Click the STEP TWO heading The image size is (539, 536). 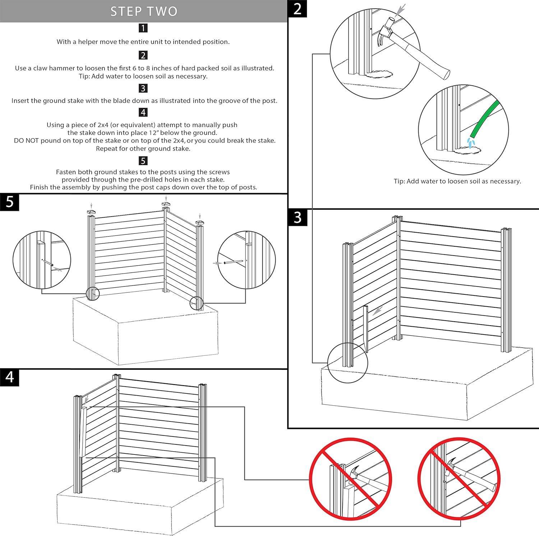pyautogui.click(x=144, y=11)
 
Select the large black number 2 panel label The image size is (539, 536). pyautogui.click(x=298, y=9)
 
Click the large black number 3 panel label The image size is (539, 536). pyautogui.click(x=298, y=217)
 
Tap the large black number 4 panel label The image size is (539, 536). pyautogui.click(x=10, y=377)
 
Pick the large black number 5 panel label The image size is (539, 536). pyautogui.click(x=10, y=202)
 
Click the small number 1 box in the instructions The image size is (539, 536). pyautogui.click(x=143, y=28)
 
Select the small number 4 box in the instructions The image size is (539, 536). pyautogui.click(x=143, y=112)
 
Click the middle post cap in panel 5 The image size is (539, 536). pyautogui.click(x=166, y=204)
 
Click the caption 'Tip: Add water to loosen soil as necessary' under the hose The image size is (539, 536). pyautogui.click(x=457, y=181)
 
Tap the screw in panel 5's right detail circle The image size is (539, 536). pyautogui.click(x=234, y=262)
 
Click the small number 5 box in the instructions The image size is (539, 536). pyautogui.click(x=143, y=160)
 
